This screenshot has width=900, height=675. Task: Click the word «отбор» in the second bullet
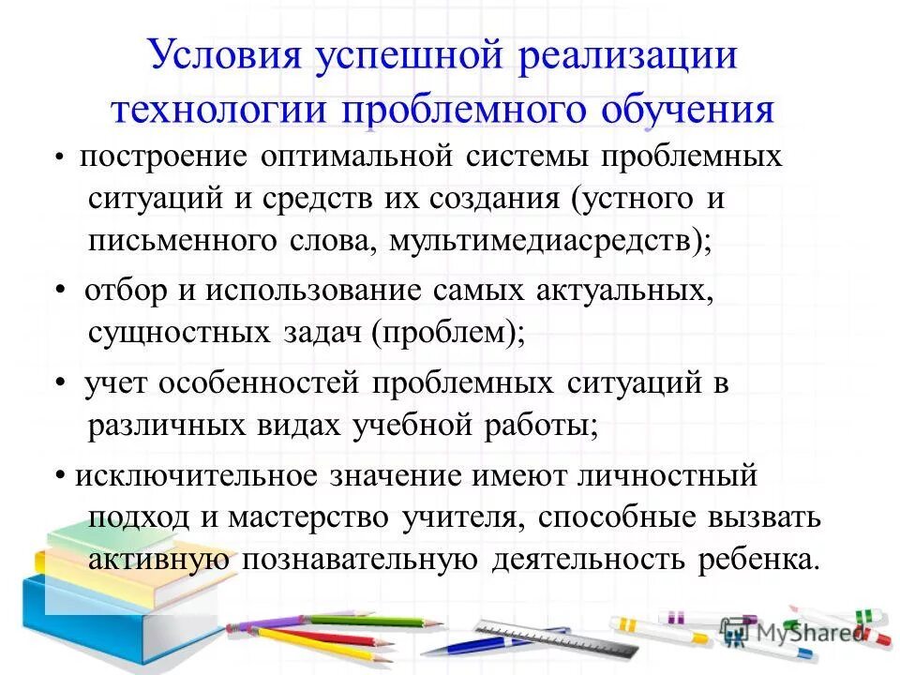click(x=121, y=292)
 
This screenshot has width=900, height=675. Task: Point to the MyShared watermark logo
click(x=792, y=632)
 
